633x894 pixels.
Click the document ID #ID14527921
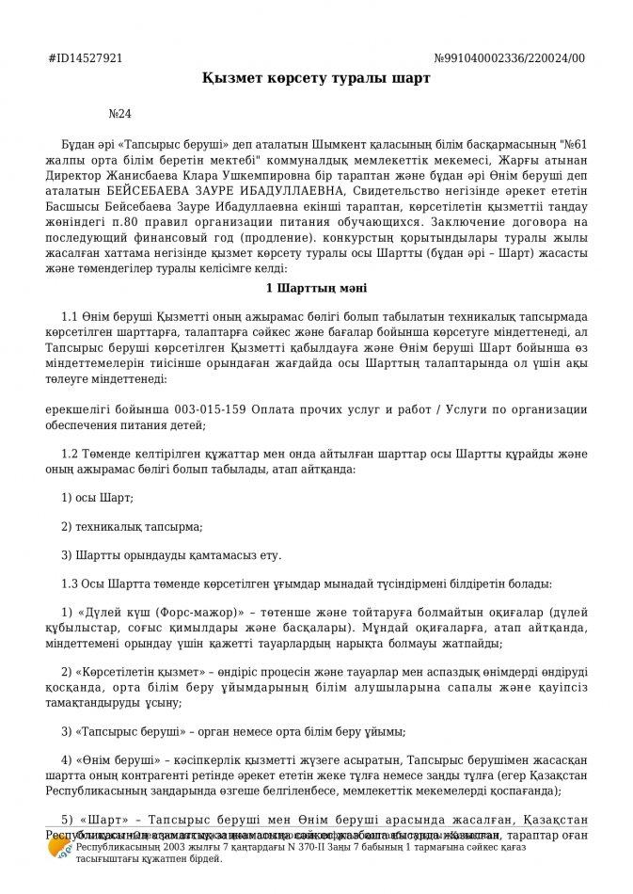[85, 58]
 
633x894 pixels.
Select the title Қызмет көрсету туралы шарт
[316, 78]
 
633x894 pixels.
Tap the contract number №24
[120, 114]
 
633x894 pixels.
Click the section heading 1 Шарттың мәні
[316, 286]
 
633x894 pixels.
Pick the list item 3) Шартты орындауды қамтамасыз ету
[170, 555]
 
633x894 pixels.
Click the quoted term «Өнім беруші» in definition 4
[115, 759]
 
